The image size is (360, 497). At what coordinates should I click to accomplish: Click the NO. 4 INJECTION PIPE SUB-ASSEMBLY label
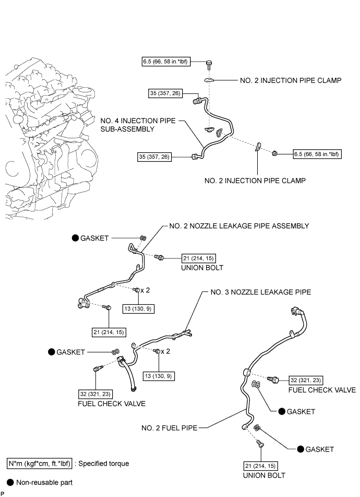(138, 125)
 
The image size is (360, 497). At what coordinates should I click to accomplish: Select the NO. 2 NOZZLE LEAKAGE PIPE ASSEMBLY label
(239, 226)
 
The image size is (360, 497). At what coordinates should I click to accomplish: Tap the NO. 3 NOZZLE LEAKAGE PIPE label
(261, 292)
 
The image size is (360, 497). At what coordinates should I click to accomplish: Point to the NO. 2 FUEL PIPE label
(169, 428)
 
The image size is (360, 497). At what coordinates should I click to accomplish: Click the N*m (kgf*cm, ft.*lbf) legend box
(40, 464)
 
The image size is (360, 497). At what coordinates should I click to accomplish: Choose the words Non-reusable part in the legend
(44, 482)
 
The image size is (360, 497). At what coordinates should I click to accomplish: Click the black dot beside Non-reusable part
(10, 482)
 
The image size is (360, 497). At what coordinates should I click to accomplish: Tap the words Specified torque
(104, 464)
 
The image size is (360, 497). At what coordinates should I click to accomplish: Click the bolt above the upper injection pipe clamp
(209, 65)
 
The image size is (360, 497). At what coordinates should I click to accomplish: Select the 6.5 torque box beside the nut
(317, 154)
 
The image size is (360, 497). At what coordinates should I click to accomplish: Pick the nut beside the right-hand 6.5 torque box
(275, 153)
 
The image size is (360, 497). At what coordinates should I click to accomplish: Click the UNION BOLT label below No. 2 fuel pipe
(264, 476)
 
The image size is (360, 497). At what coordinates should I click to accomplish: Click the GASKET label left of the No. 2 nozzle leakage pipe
(94, 238)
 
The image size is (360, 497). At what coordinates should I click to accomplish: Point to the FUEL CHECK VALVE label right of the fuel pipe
(322, 390)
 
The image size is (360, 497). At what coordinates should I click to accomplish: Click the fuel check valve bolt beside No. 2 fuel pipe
(273, 379)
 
